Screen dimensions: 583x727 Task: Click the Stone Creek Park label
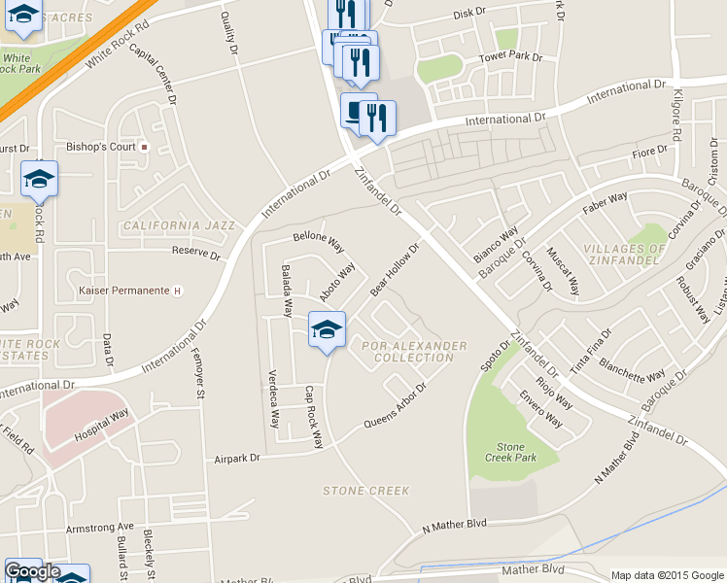tap(510, 452)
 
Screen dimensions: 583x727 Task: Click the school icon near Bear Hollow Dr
tap(327, 330)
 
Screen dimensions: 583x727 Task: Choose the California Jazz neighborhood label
tap(179, 225)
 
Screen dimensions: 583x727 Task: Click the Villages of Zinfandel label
tap(624, 255)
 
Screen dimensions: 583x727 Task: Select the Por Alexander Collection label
tap(414, 352)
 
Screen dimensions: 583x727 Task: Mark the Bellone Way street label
tap(319, 238)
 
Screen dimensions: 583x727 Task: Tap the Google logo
tap(32, 571)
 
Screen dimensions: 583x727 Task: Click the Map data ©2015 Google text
tap(667, 575)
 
